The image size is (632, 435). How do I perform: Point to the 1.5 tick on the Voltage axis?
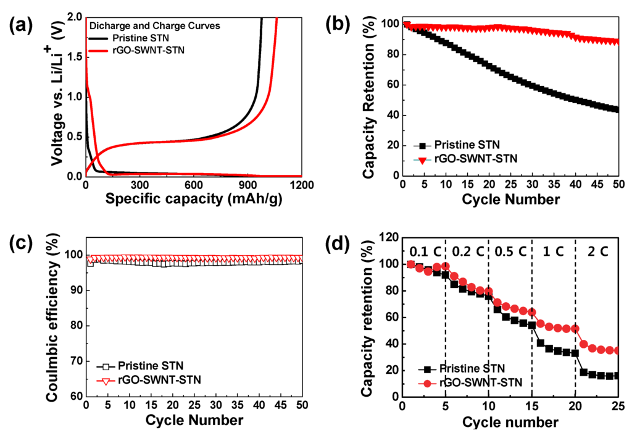[73, 57]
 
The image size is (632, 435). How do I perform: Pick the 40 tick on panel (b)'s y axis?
[390, 115]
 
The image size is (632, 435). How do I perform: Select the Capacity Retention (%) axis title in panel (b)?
[368, 98]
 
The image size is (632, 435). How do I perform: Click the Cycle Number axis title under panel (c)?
[194, 420]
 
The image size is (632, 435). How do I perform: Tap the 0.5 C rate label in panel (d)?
[510, 253]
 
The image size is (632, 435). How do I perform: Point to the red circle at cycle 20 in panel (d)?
[575, 329]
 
